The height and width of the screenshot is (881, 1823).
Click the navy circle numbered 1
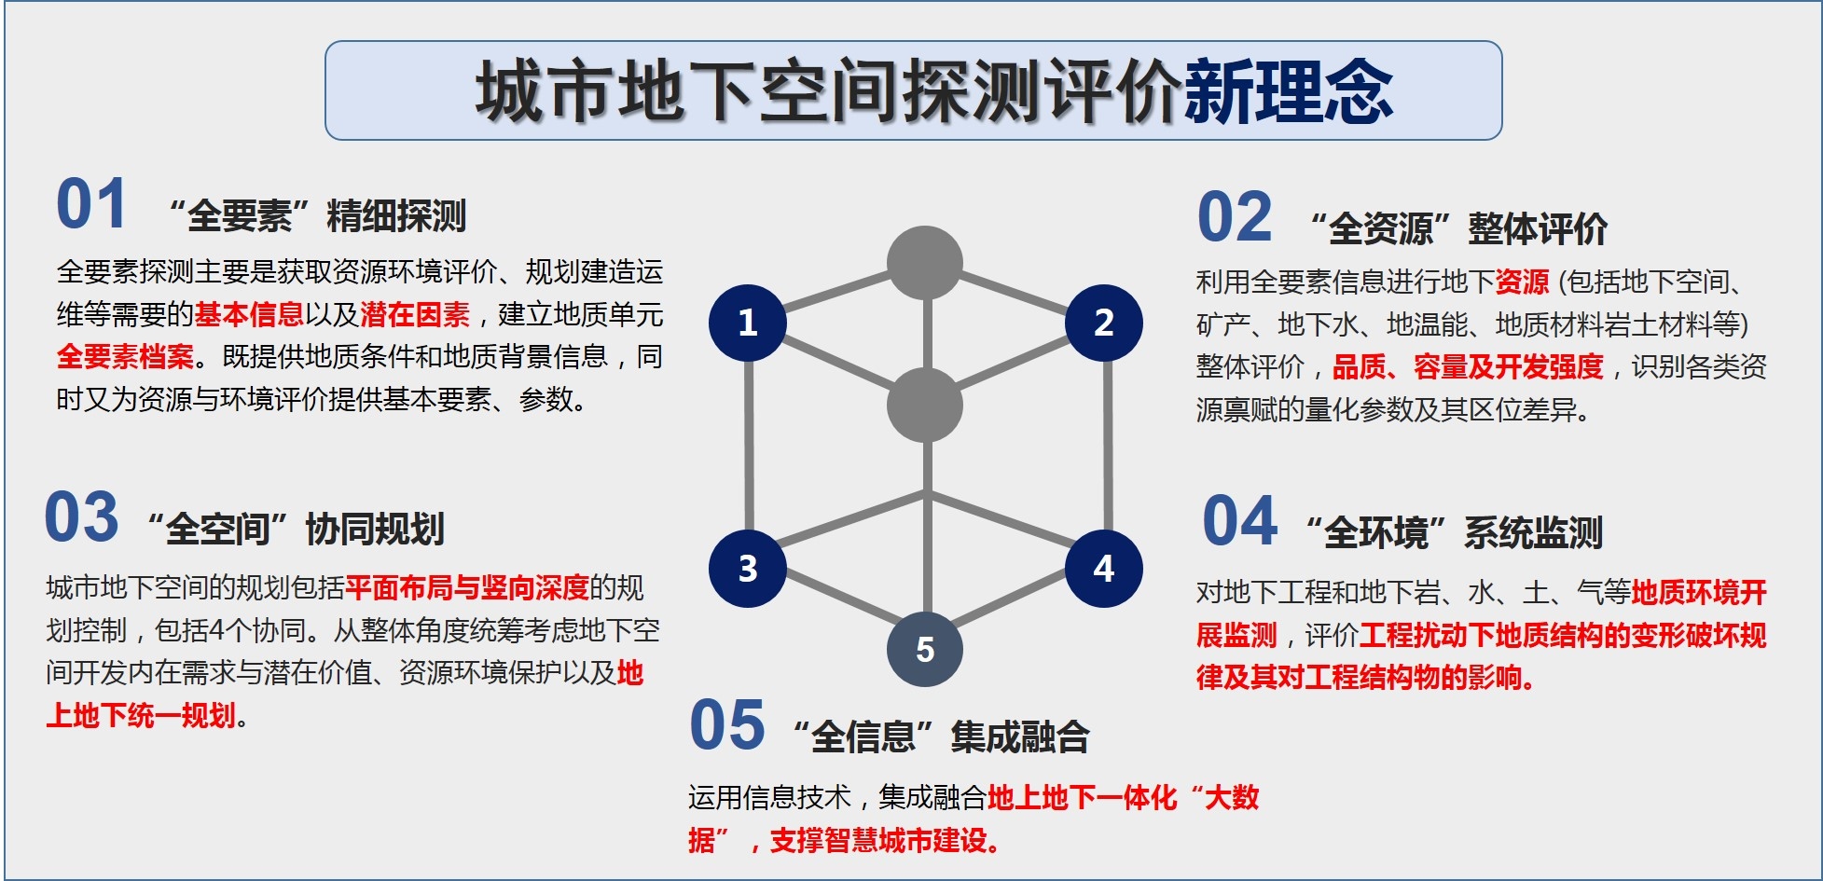pyautogui.click(x=747, y=323)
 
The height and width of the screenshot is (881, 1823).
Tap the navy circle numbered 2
pyautogui.click(x=1103, y=323)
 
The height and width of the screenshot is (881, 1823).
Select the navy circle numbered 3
pyautogui.click(x=747, y=569)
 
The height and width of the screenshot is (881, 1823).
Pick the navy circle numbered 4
pyautogui.click(x=1103, y=569)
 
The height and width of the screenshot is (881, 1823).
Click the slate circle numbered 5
pyautogui.click(x=924, y=649)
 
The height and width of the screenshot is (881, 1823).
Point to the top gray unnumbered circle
pyautogui.click(x=924, y=263)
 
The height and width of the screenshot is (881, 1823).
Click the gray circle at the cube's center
pyautogui.click(x=924, y=405)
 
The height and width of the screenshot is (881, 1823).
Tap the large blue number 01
pyautogui.click(x=91, y=205)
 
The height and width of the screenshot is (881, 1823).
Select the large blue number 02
pyautogui.click(x=1235, y=218)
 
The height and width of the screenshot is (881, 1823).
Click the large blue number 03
pyautogui.click(x=82, y=518)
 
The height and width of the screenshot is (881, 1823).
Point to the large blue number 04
pyautogui.click(x=1239, y=522)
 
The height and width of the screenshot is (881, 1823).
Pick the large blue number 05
pyautogui.click(x=727, y=725)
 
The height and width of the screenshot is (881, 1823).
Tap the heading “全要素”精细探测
pyautogui.click(x=317, y=216)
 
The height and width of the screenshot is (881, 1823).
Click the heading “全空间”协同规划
pyautogui.click(x=296, y=530)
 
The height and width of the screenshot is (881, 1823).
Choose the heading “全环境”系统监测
pyautogui.click(x=1454, y=533)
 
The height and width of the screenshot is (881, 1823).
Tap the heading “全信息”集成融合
pyautogui.click(x=941, y=736)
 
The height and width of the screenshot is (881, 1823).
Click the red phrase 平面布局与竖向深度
pyautogui.click(x=467, y=588)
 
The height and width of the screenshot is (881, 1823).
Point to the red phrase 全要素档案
pyautogui.click(x=125, y=357)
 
